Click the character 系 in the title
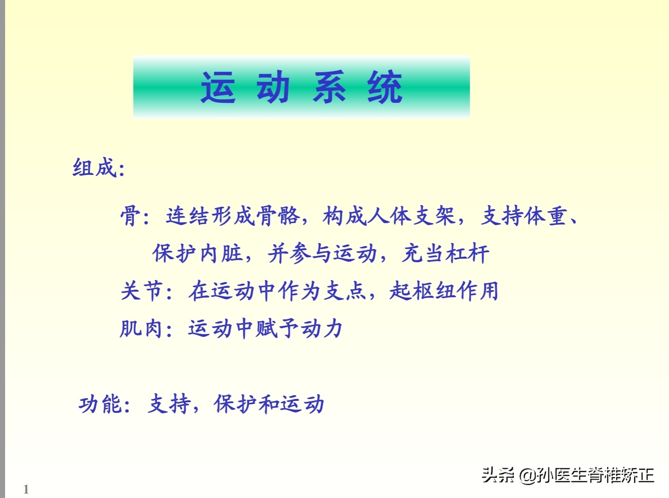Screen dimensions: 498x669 (329, 87)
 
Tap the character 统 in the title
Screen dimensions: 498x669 (385, 87)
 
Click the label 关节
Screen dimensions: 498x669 (141, 291)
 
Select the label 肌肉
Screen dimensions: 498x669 (141, 329)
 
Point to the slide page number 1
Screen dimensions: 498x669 (26, 489)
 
